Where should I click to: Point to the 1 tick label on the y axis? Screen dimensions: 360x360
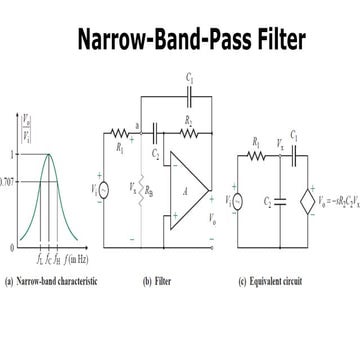[12, 155]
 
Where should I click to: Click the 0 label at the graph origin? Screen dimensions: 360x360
[12, 246]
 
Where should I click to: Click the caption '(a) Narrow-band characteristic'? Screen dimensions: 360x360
[51, 282]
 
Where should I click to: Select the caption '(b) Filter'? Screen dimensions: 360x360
[160, 282]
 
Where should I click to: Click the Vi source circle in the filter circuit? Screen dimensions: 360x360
[113, 187]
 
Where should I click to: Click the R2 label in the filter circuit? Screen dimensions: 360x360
[187, 119]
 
